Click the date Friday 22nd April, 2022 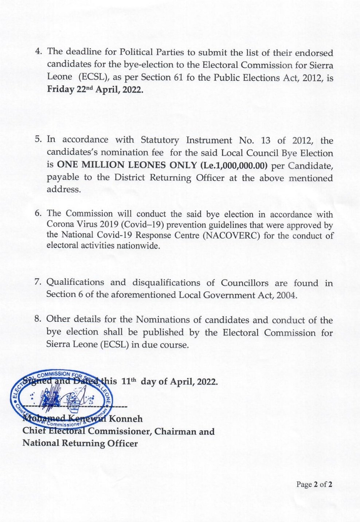point(95,90)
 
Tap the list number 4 point(38,51)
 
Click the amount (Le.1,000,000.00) point(234,165)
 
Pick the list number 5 point(38,139)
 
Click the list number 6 point(38,213)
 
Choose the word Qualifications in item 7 point(75,282)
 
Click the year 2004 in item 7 point(286,295)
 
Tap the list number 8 point(38,319)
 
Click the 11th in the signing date point(129,381)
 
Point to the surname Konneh point(126,419)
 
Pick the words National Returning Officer point(80,443)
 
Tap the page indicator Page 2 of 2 point(314,484)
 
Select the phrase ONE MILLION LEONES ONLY point(127,165)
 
